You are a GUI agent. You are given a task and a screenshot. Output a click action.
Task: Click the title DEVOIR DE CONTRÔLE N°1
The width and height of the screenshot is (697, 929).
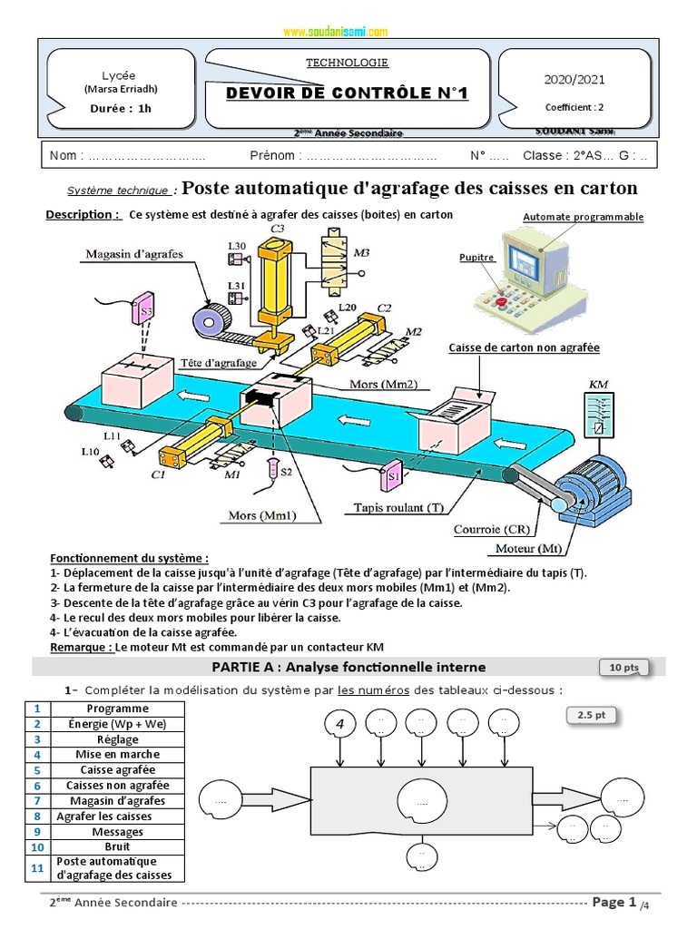[x=346, y=93]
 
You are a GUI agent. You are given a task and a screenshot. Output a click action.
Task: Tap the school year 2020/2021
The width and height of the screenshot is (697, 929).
[x=573, y=80]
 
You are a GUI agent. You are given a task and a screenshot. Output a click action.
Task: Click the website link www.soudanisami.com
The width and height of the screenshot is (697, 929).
[x=335, y=32]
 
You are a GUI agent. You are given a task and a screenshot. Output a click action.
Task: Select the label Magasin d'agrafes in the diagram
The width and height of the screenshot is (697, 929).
[x=134, y=254]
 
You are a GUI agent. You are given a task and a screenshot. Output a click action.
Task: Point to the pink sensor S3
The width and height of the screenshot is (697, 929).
[x=144, y=313]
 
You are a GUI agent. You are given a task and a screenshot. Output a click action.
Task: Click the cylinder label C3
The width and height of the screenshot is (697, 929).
[x=277, y=229]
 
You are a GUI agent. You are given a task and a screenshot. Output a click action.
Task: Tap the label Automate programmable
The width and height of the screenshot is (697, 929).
[x=584, y=217]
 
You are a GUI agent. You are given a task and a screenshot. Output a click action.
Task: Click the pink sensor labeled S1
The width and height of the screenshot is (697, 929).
[x=394, y=473]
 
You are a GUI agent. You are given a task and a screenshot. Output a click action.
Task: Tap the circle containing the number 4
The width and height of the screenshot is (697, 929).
[x=340, y=724]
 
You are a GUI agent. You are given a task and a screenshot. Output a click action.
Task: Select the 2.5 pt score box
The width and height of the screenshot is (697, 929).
[x=592, y=715]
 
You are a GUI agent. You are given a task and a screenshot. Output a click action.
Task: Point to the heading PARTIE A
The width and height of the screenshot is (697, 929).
[x=348, y=667]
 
